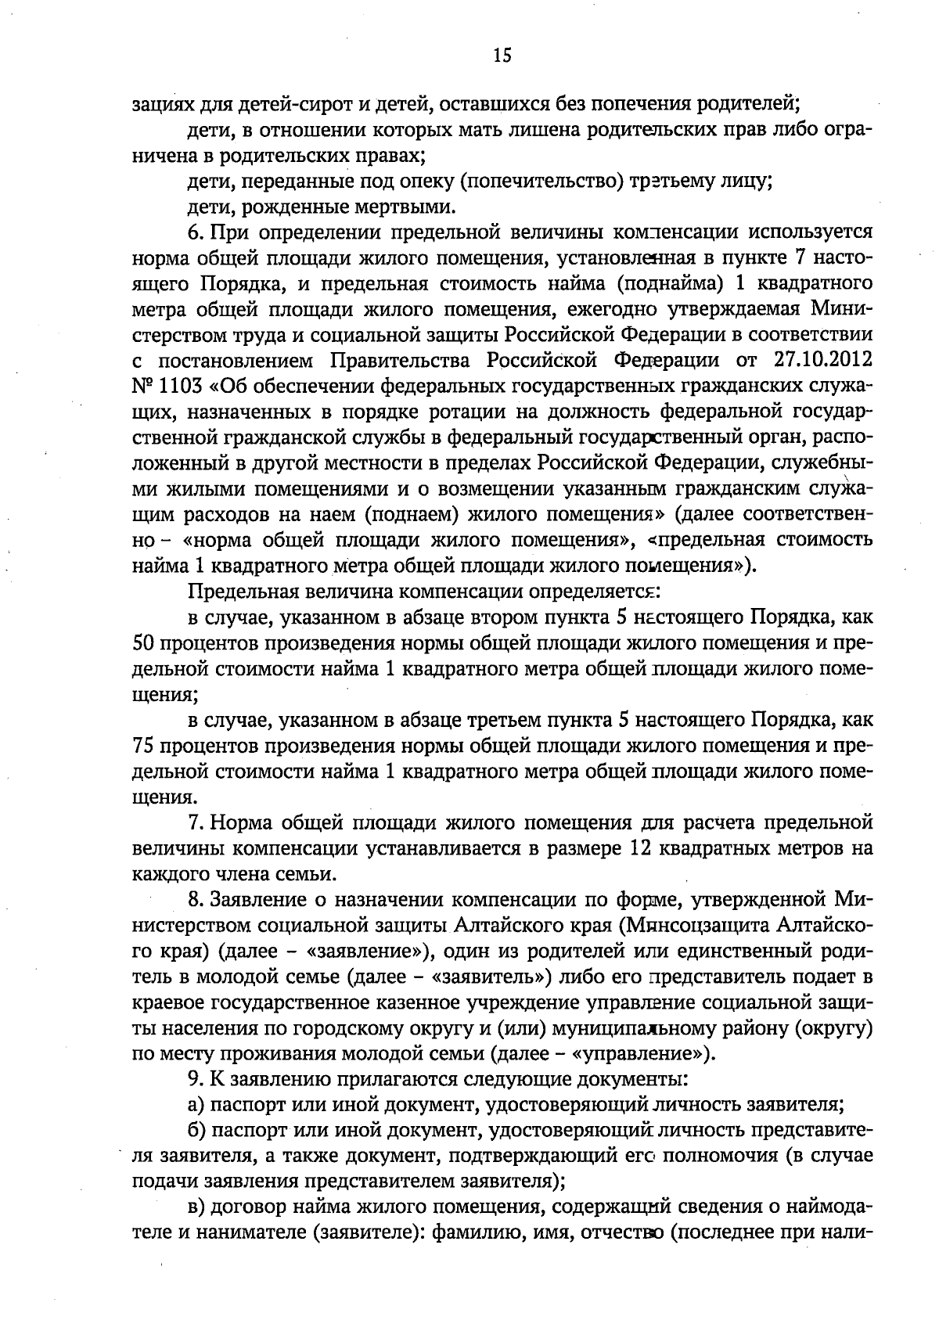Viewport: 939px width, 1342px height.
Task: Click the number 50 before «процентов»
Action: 142,643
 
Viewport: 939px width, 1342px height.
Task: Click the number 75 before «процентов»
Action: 142,746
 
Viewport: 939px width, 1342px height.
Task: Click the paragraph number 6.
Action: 194,233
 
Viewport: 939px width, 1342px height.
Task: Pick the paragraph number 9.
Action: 194,1078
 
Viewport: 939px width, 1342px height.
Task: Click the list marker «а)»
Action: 196,1104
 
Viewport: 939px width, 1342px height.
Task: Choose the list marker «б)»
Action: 196,1130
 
